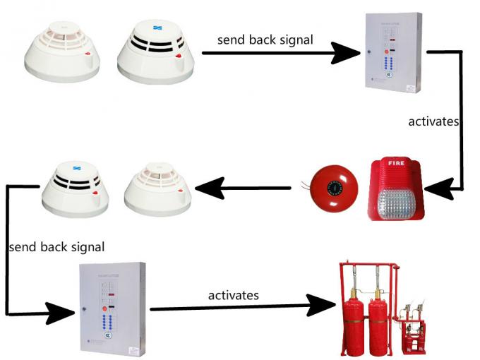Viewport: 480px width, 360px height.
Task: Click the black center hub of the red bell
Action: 335,188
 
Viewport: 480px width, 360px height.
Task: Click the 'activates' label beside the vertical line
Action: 433,121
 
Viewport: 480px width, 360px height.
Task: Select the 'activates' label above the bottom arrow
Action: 233,294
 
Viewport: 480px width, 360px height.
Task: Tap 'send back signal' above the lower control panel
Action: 56,246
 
